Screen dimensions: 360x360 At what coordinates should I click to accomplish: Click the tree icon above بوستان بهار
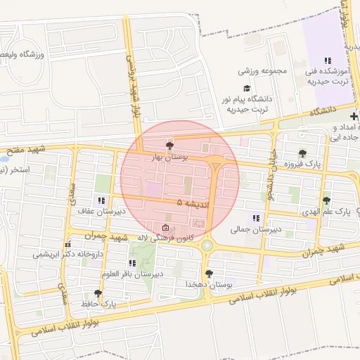click(x=167, y=144)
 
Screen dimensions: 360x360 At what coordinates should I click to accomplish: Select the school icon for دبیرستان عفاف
click(x=102, y=200)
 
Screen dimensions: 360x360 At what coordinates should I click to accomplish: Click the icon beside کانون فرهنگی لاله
click(x=165, y=228)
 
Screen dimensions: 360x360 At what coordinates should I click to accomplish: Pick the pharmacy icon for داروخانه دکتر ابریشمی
click(x=68, y=245)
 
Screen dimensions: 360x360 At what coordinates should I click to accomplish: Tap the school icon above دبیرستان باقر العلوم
click(x=131, y=263)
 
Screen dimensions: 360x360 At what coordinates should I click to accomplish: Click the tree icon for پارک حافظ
click(x=98, y=293)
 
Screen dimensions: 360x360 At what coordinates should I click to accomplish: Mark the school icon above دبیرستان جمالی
click(x=255, y=218)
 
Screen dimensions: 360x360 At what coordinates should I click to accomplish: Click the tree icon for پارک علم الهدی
click(x=326, y=201)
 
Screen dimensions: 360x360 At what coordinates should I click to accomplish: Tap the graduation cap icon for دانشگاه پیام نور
click(x=246, y=88)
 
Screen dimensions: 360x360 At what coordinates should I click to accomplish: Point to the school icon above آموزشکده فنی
click(x=327, y=61)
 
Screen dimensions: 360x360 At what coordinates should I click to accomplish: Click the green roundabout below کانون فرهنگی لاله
click(x=207, y=245)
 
